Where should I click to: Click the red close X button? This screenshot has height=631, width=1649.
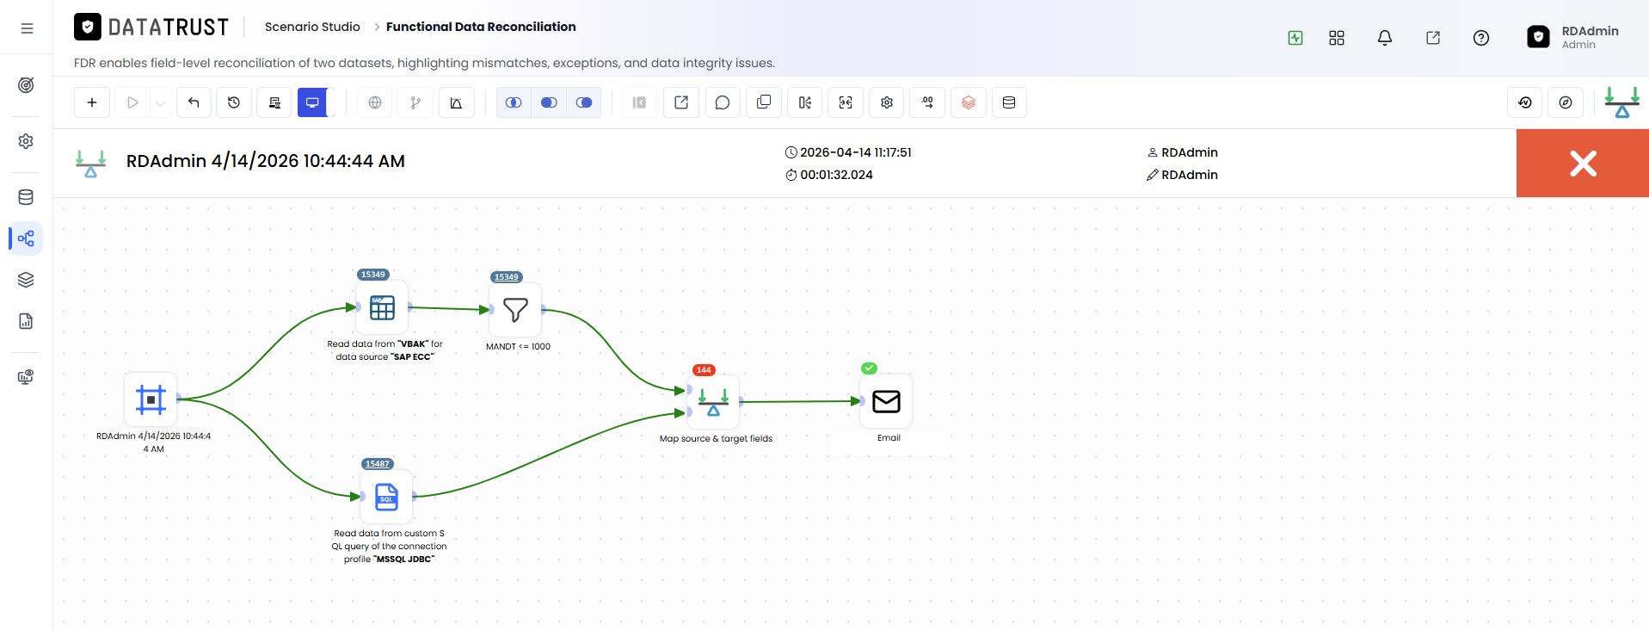(x=1582, y=164)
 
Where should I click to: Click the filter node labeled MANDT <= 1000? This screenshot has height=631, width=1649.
(x=515, y=310)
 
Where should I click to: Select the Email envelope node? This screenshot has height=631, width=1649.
(x=886, y=401)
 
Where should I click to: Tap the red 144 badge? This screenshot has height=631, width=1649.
(x=704, y=370)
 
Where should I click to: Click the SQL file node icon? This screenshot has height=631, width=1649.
(x=386, y=497)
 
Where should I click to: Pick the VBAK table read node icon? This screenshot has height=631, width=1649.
(x=382, y=307)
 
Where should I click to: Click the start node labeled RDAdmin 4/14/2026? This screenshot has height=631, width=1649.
(x=151, y=399)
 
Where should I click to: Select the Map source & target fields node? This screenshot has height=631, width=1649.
(x=713, y=401)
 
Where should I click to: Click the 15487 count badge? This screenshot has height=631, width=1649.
(x=378, y=464)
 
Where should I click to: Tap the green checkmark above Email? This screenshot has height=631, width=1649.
(x=870, y=368)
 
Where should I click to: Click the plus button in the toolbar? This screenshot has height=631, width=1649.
(x=92, y=102)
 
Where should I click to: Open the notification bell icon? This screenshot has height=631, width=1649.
(x=1385, y=38)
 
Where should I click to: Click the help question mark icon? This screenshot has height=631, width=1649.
(x=1481, y=38)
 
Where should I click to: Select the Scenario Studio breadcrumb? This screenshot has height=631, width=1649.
(x=312, y=27)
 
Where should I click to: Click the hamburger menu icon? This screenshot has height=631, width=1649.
(x=27, y=28)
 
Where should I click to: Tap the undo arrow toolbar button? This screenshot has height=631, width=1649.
(x=194, y=102)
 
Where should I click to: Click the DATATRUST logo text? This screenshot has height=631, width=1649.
(x=169, y=28)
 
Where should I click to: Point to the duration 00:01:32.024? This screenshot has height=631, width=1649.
(x=836, y=175)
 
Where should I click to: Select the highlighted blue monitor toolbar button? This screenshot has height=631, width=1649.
(x=312, y=102)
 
